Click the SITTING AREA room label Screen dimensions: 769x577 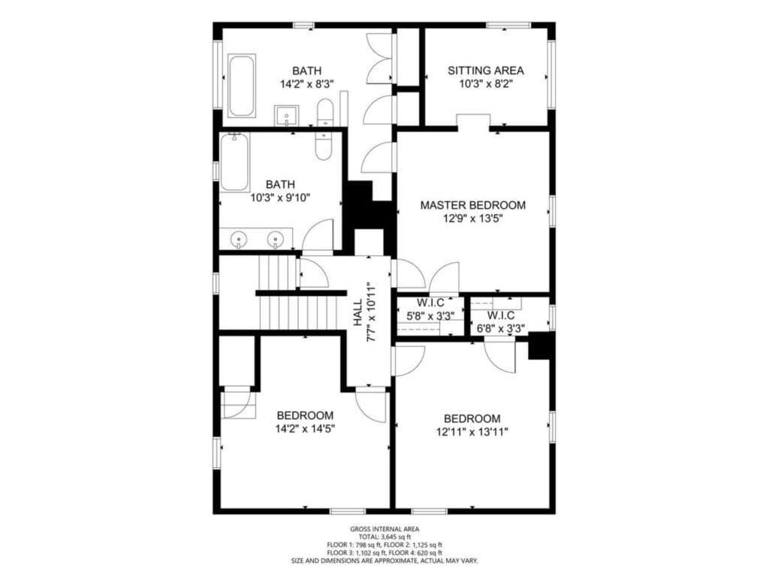[x=486, y=71]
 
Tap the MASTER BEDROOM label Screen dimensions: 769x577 [x=473, y=205]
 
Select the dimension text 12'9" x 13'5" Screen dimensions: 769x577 [x=473, y=219]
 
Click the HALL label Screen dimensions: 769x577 [x=358, y=313]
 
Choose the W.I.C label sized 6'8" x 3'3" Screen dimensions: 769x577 [x=501, y=316]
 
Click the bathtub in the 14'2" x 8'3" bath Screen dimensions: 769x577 [x=242, y=86]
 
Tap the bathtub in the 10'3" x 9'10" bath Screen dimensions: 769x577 [x=234, y=162]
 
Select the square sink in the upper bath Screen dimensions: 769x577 [x=286, y=116]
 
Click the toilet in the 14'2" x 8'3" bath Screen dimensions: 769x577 [x=324, y=113]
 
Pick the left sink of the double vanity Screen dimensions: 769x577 [x=239, y=240]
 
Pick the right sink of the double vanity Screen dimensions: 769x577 [x=276, y=240]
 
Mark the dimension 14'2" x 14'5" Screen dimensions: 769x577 [x=305, y=429]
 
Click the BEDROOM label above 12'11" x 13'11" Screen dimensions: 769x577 [x=472, y=419]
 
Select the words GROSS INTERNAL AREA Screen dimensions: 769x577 [x=384, y=529]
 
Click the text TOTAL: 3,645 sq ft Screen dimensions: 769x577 [x=384, y=536]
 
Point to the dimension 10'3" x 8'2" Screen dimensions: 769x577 [x=486, y=84]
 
